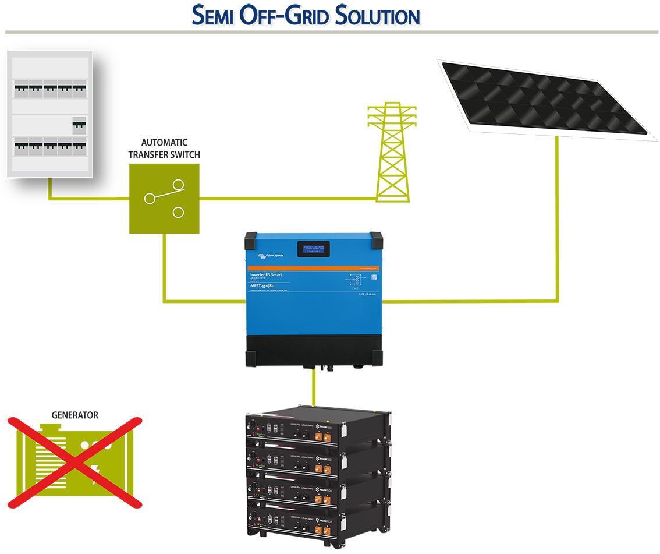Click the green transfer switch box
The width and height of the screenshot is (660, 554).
pyautogui.click(x=164, y=198)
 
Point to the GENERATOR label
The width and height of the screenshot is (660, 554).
pyautogui.click(x=75, y=415)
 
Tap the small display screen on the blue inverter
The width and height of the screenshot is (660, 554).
pyautogui.click(x=314, y=249)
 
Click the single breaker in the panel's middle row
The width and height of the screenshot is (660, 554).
pyautogui.click(x=79, y=125)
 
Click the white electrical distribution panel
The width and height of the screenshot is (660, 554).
pyautogui.click(x=50, y=114)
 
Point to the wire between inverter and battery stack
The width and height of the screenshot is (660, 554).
pyautogui.click(x=314, y=387)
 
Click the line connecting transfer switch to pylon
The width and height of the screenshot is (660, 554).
pyautogui.click(x=285, y=198)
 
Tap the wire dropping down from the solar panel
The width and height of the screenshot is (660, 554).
pyautogui.click(x=558, y=221)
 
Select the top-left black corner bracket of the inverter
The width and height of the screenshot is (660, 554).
pyautogui.click(x=250, y=238)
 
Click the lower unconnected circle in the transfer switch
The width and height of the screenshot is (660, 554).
pyautogui.click(x=178, y=212)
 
